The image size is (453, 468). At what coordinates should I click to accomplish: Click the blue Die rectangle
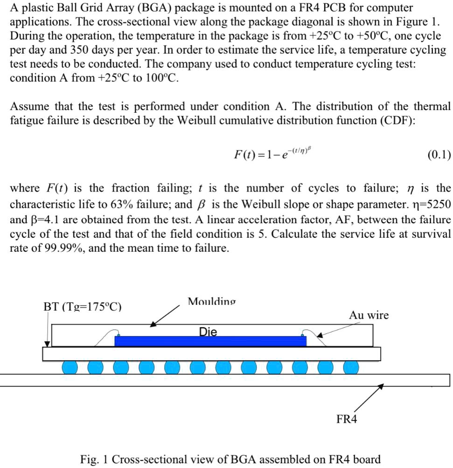pyautogui.click(x=210, y=341)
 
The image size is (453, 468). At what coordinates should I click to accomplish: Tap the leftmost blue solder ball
pyautogui.click(x=70, y=367)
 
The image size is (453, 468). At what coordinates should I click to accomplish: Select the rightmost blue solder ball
pyautogui.click(x=351, y=367)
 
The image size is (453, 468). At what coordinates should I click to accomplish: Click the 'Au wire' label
pyautogui.click(x=369, y=316)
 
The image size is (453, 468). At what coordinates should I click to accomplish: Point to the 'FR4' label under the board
pyautogui.click(x=347, y=420)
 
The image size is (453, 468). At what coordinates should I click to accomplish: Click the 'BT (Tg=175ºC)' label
pyautogui.click(x=82, y=307)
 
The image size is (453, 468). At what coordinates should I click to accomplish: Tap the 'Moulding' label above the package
pyautogui.click(x=211, y=302)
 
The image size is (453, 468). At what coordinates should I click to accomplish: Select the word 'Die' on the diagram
pyautogui.click(x=208, y=332)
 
